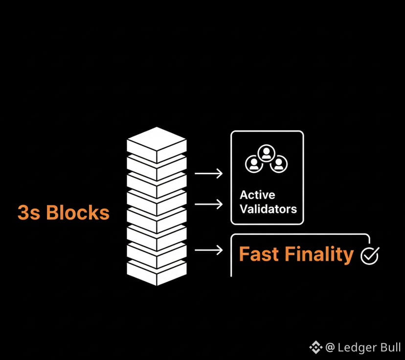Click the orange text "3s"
28,213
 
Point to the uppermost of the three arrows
208,173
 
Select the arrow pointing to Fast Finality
208,250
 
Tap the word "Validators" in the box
268,209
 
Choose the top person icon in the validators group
266,153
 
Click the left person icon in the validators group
253,164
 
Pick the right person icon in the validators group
278,164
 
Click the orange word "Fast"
259,255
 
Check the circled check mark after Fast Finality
369,255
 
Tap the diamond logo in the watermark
315,347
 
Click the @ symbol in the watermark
330,347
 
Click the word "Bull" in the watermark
390,347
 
